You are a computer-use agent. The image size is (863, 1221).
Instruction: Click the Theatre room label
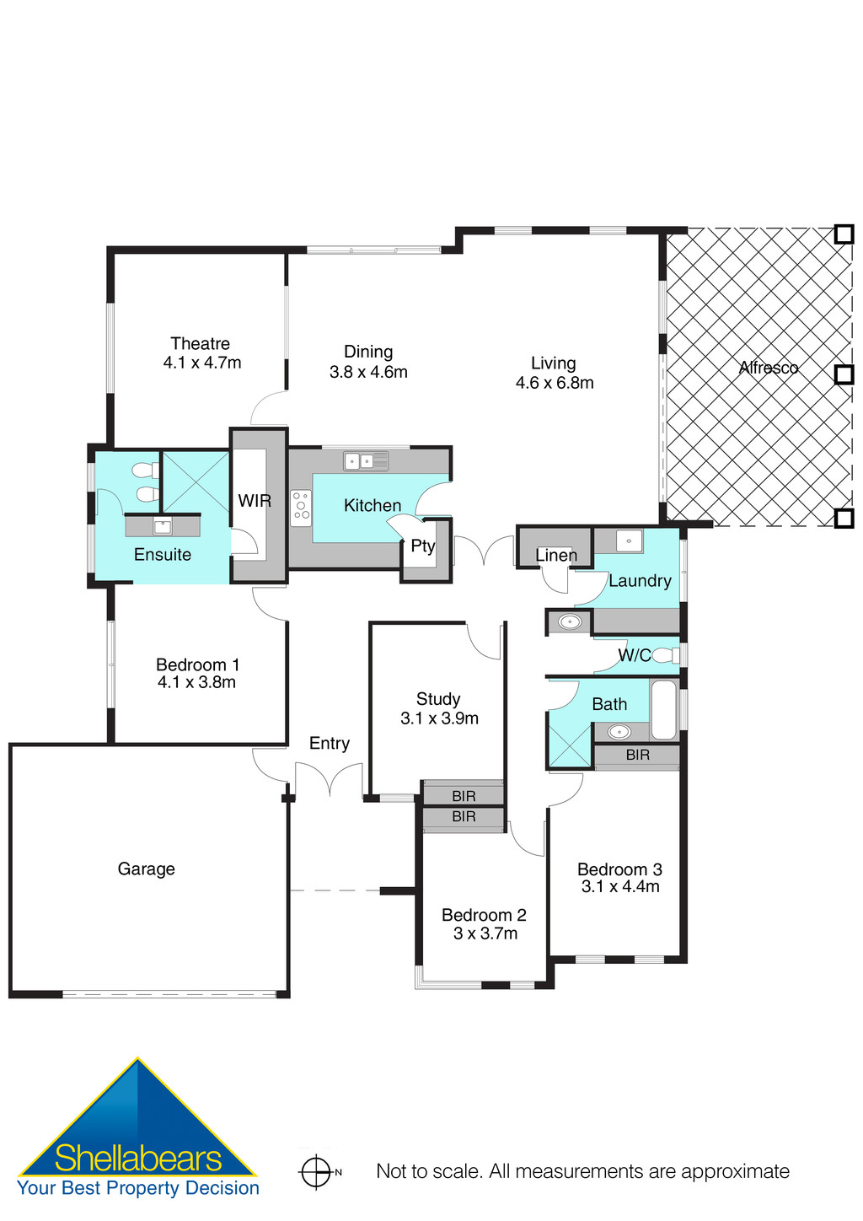click(200, 343)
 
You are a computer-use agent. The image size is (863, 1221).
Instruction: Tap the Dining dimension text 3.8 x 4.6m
click(368, 372)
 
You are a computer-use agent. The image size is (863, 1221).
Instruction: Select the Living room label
click(553, 363)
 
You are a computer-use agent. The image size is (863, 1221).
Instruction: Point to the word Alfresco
click(768, 368)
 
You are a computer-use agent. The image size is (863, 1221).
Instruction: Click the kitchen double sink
click(366, 460)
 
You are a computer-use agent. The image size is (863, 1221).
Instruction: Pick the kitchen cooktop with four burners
click(301, 508)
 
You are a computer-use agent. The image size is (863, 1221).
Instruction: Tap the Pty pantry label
click(422, 546)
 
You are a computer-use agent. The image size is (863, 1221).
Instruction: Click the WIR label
click(254, 501)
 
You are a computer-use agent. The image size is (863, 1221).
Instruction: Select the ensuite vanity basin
click(163, 527)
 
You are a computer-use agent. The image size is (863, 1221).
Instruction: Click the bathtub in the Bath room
click(663, 709)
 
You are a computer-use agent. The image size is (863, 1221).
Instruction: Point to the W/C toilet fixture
click(665, 655)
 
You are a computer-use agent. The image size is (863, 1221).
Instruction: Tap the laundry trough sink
click(629, 540)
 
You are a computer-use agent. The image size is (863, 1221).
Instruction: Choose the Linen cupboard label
click(555, 555)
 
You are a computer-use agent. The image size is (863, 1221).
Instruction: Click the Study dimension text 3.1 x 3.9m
click(439, 718)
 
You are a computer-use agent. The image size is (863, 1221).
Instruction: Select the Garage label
click(146, 869)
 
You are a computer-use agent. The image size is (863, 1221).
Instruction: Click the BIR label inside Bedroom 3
click(637, 755)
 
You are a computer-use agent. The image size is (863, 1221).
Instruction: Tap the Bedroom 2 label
click(484, 915)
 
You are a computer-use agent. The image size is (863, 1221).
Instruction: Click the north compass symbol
click(317, 1171)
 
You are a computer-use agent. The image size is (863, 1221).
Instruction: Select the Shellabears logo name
click(137, 1159)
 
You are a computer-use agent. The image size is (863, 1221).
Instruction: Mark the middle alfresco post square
click(844, 374)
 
